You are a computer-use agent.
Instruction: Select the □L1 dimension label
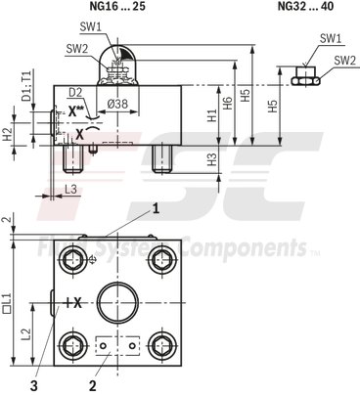8,298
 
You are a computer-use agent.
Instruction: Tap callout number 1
154,208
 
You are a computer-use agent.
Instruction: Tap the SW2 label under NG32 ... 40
343,61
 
